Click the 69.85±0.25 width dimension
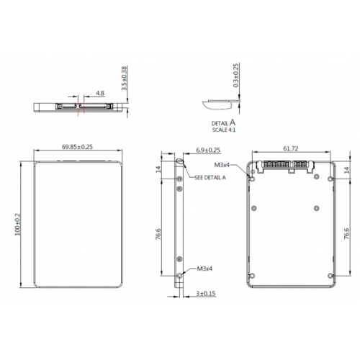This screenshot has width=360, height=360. tap(77, 147)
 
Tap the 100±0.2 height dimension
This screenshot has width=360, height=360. tap(18, 225)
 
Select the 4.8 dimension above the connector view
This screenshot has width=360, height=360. tap(100, 93)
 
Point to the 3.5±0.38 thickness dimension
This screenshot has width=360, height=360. tap(124, 78)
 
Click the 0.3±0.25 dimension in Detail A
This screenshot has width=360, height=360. tap(236, 76)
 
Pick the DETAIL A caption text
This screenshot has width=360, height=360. tap(223, 123)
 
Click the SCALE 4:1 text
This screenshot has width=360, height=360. tap(224, 130)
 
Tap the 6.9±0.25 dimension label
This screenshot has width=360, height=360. tap(208, 150)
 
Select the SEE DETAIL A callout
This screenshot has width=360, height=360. tap(210, 177)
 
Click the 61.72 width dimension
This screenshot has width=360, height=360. tap(291, 148)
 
